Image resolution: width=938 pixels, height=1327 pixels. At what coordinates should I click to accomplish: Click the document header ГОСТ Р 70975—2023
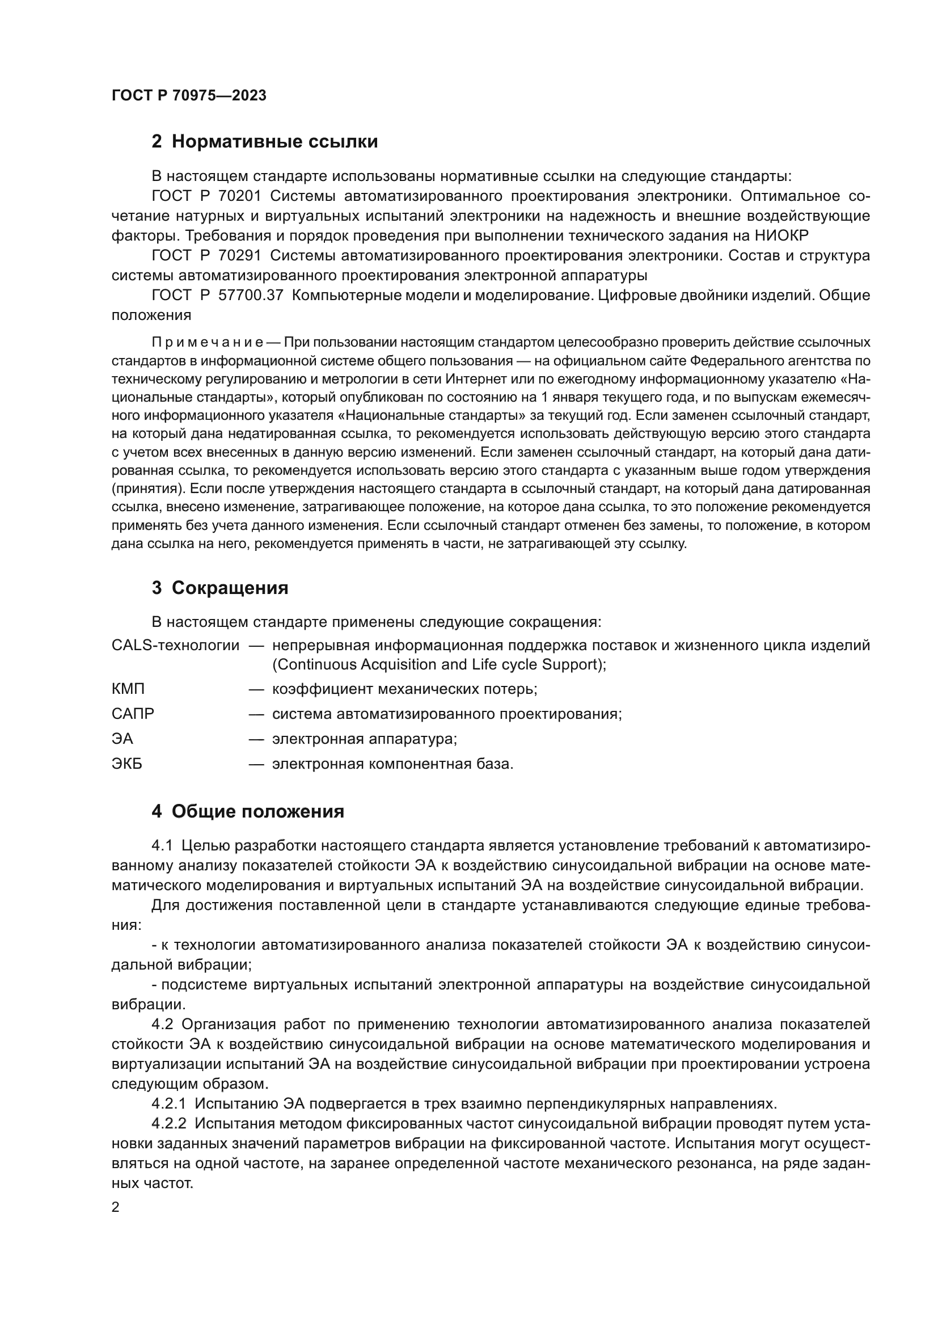coord(189,96)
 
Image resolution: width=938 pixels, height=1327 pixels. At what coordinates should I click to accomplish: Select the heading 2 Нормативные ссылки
coord(264,142)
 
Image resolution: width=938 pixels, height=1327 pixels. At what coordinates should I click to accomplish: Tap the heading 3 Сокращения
coord(219,588)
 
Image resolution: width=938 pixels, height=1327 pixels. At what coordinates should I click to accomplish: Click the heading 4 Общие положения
coord(248,811)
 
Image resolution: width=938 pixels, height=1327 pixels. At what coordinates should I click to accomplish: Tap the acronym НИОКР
coord(781,235)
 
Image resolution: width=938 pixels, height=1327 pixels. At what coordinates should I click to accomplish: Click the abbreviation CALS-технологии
coord(175,645)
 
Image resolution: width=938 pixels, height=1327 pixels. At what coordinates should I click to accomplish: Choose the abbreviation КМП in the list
coord(128,689)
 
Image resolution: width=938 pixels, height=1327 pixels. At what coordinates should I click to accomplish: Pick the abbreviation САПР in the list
coord(133,714)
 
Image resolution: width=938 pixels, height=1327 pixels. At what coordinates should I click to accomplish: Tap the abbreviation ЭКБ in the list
coord(127,764)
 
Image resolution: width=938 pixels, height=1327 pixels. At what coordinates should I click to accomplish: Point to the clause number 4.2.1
coord(168,1104)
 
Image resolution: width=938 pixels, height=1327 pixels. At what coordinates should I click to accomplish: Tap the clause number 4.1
coord(162,845)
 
